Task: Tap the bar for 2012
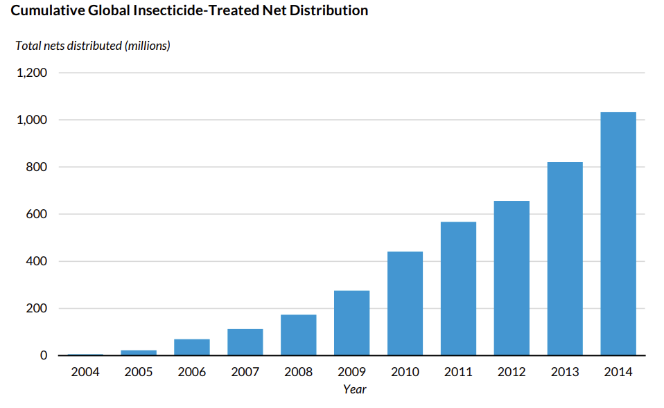tap(512, 278)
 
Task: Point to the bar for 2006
tap(192, 347)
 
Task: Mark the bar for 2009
tap(351, 323)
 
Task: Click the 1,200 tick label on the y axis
tap(32, 73)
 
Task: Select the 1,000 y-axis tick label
tap(32, 120)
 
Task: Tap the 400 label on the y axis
tap(37, 261)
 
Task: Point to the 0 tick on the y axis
tap(43, 355)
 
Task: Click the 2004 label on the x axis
tap(85, 372)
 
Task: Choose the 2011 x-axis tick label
tap(458, 372)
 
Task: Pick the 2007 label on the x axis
tap(245, 372)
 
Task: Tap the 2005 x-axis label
tap(139, 372)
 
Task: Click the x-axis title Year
tap(354, 389)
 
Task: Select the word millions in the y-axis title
tap(147, 46)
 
